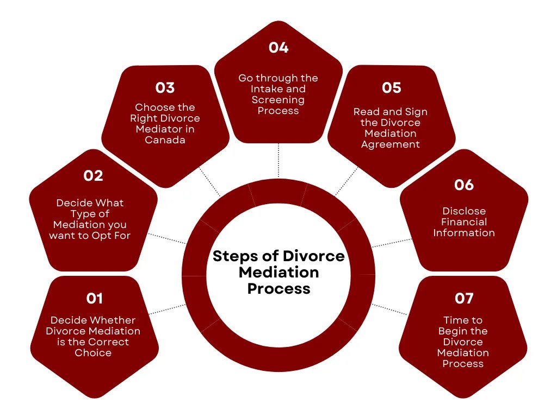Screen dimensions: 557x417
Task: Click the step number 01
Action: point(94,298)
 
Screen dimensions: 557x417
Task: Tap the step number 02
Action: point(93,175)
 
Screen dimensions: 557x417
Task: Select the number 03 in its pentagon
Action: point(165,87)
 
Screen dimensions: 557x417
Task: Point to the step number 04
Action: point(278,48)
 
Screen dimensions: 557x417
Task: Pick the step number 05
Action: point(391,87)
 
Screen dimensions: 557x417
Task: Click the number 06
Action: point(464,185)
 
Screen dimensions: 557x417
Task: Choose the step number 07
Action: point(463,298)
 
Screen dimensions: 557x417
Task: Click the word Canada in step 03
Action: point(165,140)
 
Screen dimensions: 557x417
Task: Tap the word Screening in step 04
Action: point(278,100)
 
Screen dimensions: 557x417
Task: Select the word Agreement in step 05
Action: point(391,144)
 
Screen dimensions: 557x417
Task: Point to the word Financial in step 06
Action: point(464,222)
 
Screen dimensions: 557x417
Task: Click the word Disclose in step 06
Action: point(464,211)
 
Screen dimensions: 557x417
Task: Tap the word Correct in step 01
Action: point(109,342)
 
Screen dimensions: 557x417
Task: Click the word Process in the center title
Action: point(278,288)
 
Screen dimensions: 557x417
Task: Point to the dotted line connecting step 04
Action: point(278,161)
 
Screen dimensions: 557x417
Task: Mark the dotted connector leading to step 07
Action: point(389,309)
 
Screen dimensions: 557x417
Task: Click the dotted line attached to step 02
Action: point(167,239)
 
